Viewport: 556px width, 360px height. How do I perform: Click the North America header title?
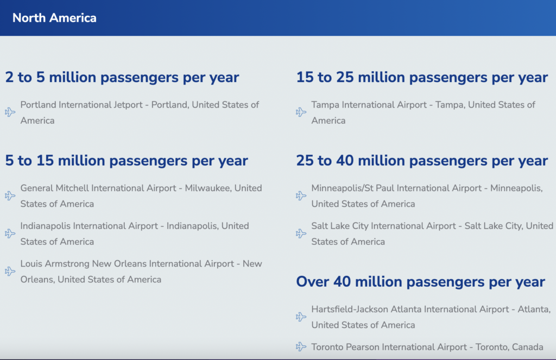[x=54, y=18]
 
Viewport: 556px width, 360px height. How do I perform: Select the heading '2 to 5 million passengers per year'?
[x=122, y=78]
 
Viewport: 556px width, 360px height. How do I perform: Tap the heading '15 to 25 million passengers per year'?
[x=422, y=78]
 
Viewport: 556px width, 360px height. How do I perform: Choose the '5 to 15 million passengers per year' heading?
[x=126, y=161]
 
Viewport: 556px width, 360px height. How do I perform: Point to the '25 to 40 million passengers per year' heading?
[x=422, y=161]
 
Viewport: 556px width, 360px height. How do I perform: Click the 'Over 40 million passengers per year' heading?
[x=421, y=282]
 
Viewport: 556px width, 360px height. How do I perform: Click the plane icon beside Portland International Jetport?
[x=10, y=112]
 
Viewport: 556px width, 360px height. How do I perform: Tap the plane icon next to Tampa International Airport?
[x=301, y=112]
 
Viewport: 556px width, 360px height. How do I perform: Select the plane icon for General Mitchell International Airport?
[x=10, y=195]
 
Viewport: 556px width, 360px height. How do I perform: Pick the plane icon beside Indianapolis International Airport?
[x=10, y=233]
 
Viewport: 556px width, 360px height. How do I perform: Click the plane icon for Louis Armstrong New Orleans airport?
[x=10, y=271]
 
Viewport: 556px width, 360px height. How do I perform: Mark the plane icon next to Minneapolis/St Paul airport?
[x=301, y=195]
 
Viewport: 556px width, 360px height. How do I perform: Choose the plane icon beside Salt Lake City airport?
[x=301, y=233]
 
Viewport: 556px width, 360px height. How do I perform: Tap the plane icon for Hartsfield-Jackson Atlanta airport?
[x=301, y=317]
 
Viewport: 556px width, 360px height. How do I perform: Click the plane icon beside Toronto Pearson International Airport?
[x=301, y=346]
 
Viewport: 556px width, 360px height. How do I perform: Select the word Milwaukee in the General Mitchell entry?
[x=208, y=188]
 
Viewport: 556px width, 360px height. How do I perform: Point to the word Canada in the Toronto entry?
[x=527, y=347]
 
